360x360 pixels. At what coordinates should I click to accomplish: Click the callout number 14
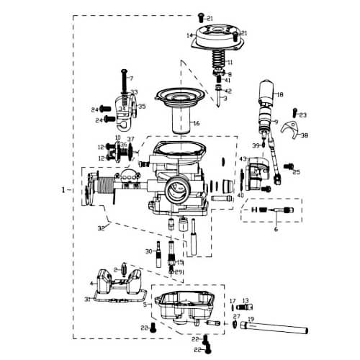[189, 35]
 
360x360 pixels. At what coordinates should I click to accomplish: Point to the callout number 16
[195, 123]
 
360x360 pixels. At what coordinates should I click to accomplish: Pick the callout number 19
[251, 318]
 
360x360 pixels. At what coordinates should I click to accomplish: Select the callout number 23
[303, 114]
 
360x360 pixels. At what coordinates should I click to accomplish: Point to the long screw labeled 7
[125, 86]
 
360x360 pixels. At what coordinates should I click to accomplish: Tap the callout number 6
[274, 229]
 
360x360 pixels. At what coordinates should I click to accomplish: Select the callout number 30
[148, 252]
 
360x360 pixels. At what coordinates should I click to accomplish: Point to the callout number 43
[243, 158]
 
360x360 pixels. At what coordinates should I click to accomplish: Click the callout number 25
[296, 173]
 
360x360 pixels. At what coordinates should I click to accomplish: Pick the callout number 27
[236, 317]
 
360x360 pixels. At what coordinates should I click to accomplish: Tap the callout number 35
[142, 107]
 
